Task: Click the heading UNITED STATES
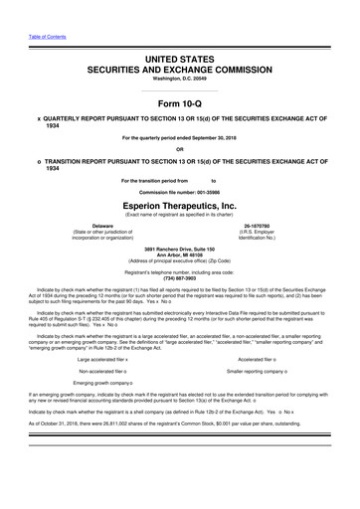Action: click(x=181, y=60)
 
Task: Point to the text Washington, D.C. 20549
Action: click(x=180, y=83)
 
